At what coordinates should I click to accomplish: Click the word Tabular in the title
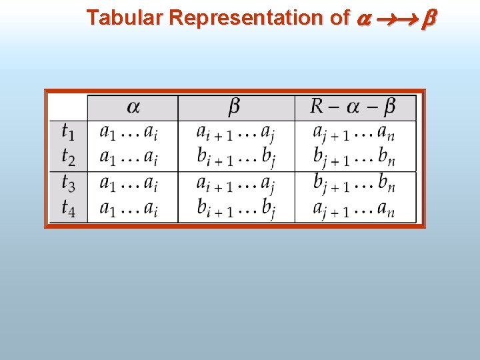pos(125,17)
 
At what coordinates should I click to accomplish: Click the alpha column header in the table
pos(133,107)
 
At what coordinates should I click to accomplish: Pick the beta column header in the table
pos(235,107)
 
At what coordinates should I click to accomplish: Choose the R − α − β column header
pos(354,107)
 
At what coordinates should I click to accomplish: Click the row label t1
pos(69,131)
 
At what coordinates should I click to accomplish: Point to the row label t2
pos(69,157)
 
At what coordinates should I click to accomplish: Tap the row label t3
pos(69,183)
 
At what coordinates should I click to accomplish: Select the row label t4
pos(69,208)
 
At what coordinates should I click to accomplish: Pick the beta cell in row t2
pos(235,157)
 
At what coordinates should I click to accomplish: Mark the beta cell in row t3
pos(235,183)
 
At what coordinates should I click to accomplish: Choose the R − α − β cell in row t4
pos(354,209)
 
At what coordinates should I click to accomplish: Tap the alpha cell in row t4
pos(129,209)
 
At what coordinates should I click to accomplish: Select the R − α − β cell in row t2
pos(354,157)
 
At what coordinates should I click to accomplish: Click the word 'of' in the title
pos(340,17)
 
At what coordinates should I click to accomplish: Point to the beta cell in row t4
pos(235,209)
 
